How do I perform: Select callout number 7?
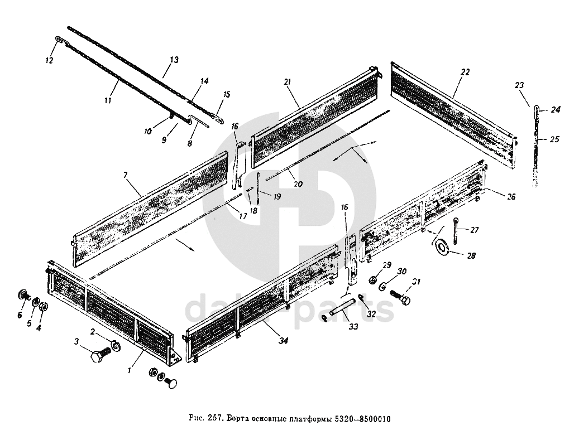tap(126, 175)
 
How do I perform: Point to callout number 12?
tap(50, 60)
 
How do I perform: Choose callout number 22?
tap(465, 72)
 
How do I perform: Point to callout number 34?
tap(283, 342)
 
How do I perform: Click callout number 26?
tap(511, 196)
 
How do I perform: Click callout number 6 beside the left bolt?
tap(20, 315)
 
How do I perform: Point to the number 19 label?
tap(277, 197)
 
